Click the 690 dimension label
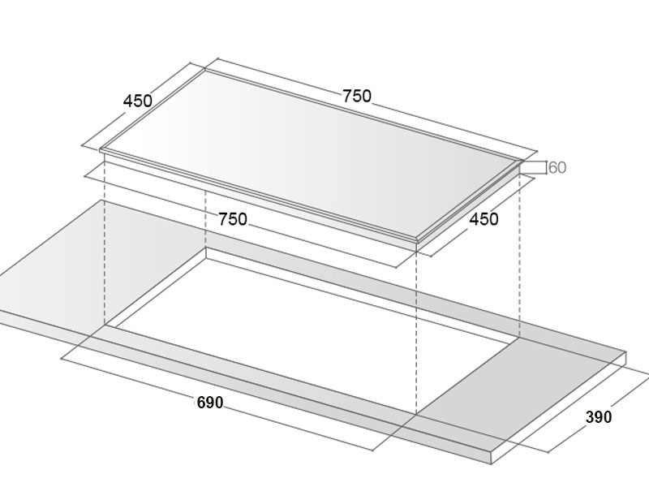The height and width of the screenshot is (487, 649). pos(210,403)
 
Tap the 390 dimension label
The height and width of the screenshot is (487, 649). pos(599,417)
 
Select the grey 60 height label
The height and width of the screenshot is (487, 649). pos(557,168)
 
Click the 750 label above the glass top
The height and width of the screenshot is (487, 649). pos(357,96)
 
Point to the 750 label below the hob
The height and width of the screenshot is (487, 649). pos(233,219)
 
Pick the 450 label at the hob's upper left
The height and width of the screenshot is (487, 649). pos(138,101)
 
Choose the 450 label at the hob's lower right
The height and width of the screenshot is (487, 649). pos(484,219)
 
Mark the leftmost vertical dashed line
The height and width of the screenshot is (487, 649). pos(105,239)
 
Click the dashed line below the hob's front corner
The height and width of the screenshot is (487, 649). pos(416,332)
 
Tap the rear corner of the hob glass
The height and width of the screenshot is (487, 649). pos(205,70)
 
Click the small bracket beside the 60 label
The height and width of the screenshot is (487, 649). pos(534,168)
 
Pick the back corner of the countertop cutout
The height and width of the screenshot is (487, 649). pos(206,248)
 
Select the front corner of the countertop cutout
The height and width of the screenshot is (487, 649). pos(416,413)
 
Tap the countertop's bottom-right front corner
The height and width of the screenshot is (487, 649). pos(492,463)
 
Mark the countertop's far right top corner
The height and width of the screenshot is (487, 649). pos(625,352)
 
